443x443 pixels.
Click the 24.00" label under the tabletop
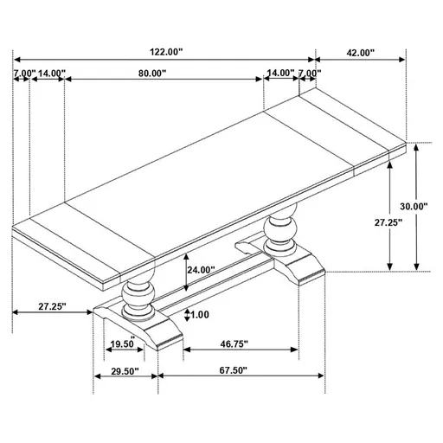coord(200,270)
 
